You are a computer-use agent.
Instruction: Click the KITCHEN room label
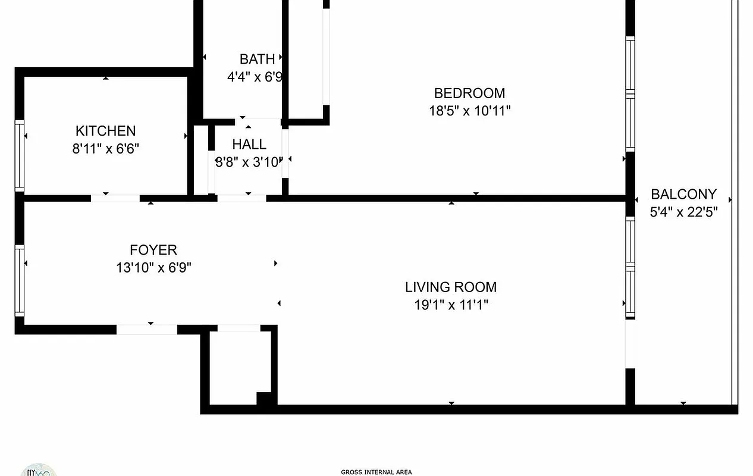[x=105, y=131]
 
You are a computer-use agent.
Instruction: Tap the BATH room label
[x=257, y=59]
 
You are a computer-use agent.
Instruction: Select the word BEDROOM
[x=469, y=93]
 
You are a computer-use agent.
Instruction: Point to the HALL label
[x=249, y=145]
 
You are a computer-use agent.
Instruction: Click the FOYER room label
[x=153, y=250]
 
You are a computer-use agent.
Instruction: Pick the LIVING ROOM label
[x=451, y=287]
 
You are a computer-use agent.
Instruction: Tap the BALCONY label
[x=683, y=195]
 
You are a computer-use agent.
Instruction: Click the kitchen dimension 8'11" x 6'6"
[x=105, y=149]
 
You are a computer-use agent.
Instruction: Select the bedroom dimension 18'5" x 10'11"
[x=469, y=111]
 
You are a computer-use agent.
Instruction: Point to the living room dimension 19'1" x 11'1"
[x=451, y=305]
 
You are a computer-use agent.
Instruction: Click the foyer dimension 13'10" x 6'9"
[x=153, y=268]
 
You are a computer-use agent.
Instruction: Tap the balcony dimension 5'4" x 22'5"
[x=683, y=212]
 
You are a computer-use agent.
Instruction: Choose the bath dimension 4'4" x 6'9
[x=255, y=77]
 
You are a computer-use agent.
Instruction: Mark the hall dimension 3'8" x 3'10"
[x=248, y=162]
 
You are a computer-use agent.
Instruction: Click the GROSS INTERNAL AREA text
[x=376, y=472]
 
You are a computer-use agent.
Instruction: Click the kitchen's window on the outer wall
[x=19, y=156]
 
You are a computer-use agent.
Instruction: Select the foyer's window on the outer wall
[x=19, y=281]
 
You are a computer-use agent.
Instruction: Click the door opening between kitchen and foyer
[x=116, y=198]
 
